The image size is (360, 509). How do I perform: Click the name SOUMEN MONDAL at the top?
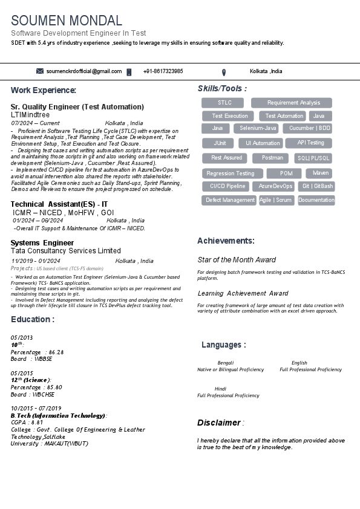[x=67, y=21]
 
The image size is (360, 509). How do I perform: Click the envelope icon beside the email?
[x=40, y=71]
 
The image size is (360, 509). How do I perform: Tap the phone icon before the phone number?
[x=129, y=72]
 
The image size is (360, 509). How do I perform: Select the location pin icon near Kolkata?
[x=224, y=72]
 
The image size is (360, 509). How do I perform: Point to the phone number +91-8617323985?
[x=163, y=71]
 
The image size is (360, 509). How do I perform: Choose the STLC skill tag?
[x=224, y=103]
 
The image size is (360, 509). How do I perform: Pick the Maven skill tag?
[x=321, y=173]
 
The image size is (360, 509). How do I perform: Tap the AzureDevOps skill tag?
[x=275, y=186]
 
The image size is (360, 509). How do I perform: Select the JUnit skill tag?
[x=220, y=143]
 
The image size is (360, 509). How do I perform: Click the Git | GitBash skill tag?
[x=318, y=186]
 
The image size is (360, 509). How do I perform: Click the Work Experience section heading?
[x=44, y=90]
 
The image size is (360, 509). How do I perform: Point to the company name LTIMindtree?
[x=30, y=114]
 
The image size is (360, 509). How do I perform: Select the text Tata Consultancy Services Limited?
[x=65, y=251]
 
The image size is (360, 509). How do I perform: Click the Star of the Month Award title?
[x=237, y=260]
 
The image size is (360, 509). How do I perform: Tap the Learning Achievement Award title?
[x=243, y=294]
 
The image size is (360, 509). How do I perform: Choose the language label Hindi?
[x=220, y=389]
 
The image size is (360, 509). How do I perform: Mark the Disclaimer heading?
[x=219, y=423]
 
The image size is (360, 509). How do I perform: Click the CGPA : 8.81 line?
[x=27, y=423]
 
